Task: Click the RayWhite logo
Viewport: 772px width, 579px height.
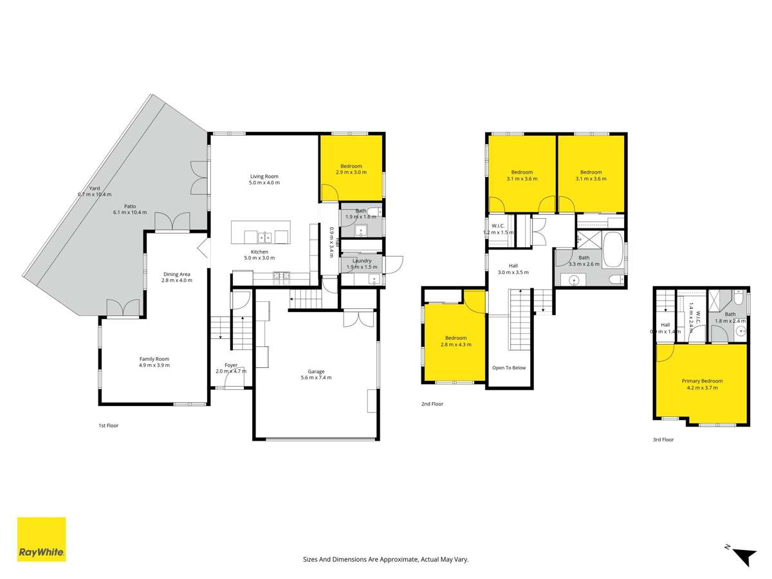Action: pos(41,539)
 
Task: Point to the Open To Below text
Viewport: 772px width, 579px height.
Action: pos(509,368)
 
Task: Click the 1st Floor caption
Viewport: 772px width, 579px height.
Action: pos(108,425)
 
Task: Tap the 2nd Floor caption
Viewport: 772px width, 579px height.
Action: pos(433,404)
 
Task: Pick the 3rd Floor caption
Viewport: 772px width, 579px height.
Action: pos(663,439)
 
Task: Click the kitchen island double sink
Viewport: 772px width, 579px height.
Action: pos(271,237)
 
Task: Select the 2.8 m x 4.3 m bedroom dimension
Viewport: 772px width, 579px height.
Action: pos(456,345)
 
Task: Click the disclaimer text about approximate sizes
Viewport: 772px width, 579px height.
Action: pos(385,560)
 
